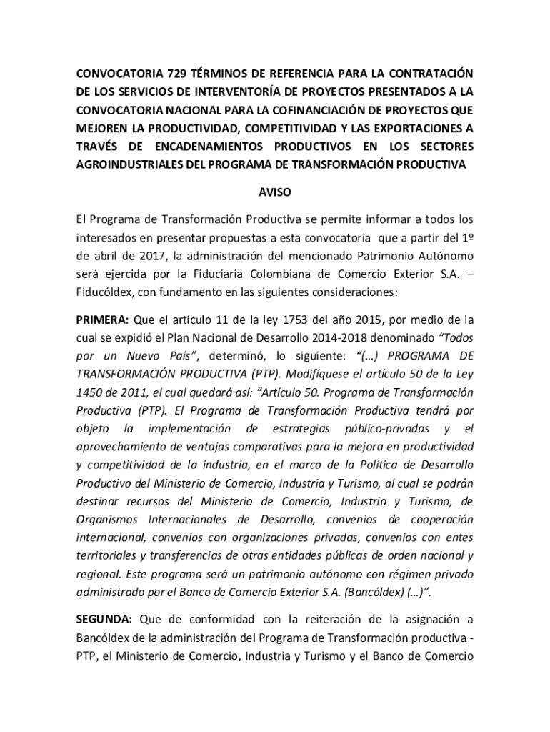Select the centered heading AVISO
tap(274, 193)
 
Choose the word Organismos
tap(107, 519)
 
